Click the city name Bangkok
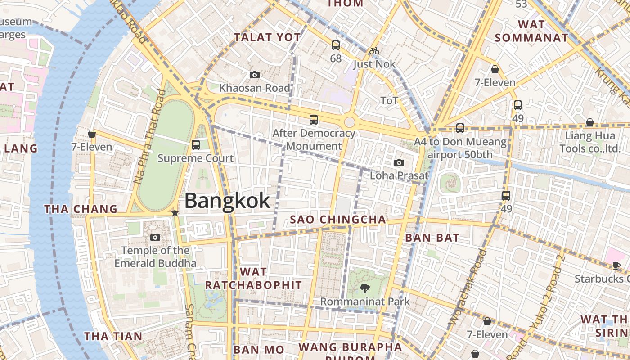pos(227,201)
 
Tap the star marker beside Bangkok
pos(175,213)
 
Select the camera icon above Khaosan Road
pos(254,75)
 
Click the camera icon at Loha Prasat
pos(399,162)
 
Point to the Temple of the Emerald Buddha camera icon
pos(155,237)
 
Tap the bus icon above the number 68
pos(336,45)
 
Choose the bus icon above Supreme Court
pos(195,144)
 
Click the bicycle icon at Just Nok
pos(374,51)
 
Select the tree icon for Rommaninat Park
pos(364,288)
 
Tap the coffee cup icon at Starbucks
pos(616,265)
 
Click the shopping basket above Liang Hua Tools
pos(589,122)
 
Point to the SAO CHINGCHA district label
pos(338,220)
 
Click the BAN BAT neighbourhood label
pos(432,238)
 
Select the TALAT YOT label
pos(267,37)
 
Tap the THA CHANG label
pos(81,209)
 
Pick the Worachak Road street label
pos(468,288)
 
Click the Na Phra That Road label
pos(147,136)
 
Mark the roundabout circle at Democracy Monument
pos(350,121)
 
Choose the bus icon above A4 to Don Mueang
pos(460,128)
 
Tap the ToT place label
pos(389,100)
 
